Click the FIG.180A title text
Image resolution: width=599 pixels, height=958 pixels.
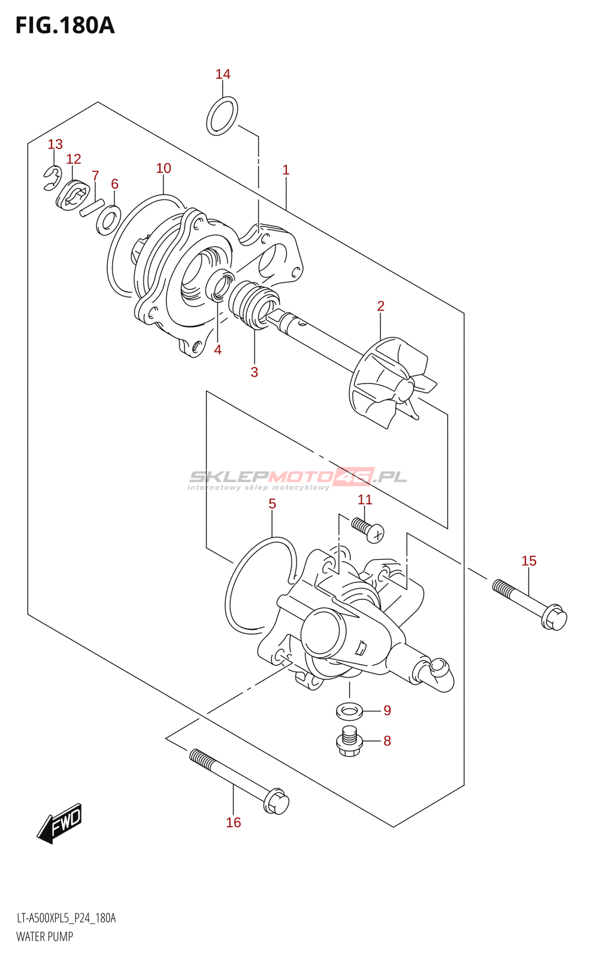pos(65,25)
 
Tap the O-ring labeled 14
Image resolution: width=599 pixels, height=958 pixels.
pos(222,116)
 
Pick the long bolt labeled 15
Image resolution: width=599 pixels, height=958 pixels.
pos(530,604)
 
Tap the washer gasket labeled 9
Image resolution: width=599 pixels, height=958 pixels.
pos(349,711)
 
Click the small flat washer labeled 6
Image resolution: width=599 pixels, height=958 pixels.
pos(108,220)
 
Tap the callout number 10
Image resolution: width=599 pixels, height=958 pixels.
pos(164,168)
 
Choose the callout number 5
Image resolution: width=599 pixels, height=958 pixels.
pos(273,504)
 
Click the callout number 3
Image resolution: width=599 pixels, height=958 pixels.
pos(255,372)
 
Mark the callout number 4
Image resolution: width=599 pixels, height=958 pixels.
pos(218,350)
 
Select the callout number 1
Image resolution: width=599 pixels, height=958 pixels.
pos(286,170)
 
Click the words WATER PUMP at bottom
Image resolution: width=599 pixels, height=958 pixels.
pos(45,936)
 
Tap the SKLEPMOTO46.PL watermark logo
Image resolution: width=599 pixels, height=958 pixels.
pos(298,478)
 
